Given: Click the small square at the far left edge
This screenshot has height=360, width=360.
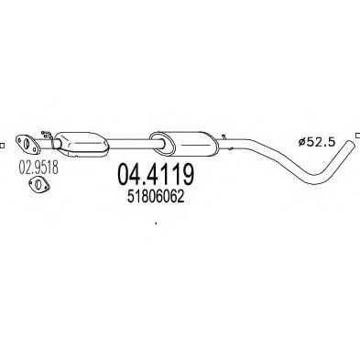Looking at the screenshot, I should [x=3, y=144].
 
